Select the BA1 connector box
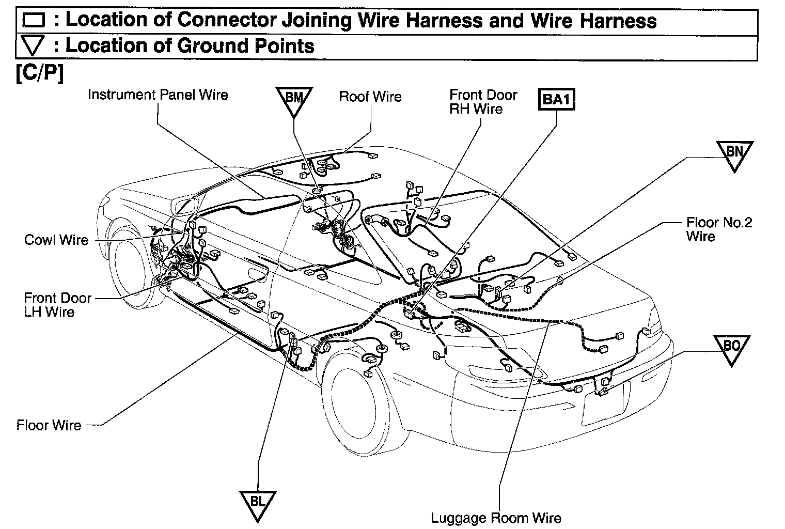coord(557,99)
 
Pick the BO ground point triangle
coord(731,348)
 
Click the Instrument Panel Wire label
coord(158,95)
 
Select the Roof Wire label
coord(370,97)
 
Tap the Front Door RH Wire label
coord(483,102)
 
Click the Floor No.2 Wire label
coord(718,229)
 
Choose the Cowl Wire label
coord(56,240)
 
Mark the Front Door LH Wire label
coord(57,305)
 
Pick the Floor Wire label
coord(49,425)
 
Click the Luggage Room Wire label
coord(496,517)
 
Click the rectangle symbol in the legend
coord(34,21)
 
